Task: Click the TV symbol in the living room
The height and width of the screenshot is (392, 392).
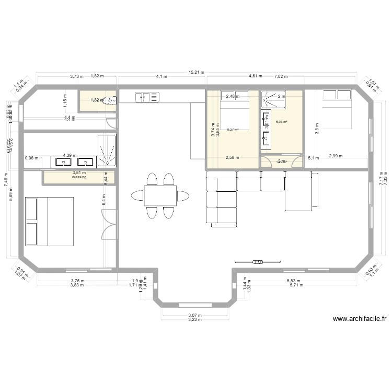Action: [x=257, y=262]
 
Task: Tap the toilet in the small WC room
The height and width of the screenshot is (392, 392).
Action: [x=108, y=100]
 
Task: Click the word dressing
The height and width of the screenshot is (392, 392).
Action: [x=79, y=177]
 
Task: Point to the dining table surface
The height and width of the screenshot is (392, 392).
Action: [x=159, y=196]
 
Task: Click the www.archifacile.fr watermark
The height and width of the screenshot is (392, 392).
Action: [x=360, y=319]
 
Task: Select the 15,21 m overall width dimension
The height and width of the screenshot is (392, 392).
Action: [x=197, y=73]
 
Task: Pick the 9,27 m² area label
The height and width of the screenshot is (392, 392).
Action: [x=233, y=130]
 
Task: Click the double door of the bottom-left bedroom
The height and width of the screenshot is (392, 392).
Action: [x=109, y=224]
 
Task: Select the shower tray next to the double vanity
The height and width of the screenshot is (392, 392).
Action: [x=107, y=150]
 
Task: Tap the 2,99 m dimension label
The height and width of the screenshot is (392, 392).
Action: [x=336, y=156]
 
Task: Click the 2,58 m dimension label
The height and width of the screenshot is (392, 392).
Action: [x=233, y=157]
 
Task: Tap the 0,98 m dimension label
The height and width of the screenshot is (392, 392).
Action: [x=32, y=158]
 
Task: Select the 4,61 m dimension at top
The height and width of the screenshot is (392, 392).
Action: [x=256, y=76]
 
